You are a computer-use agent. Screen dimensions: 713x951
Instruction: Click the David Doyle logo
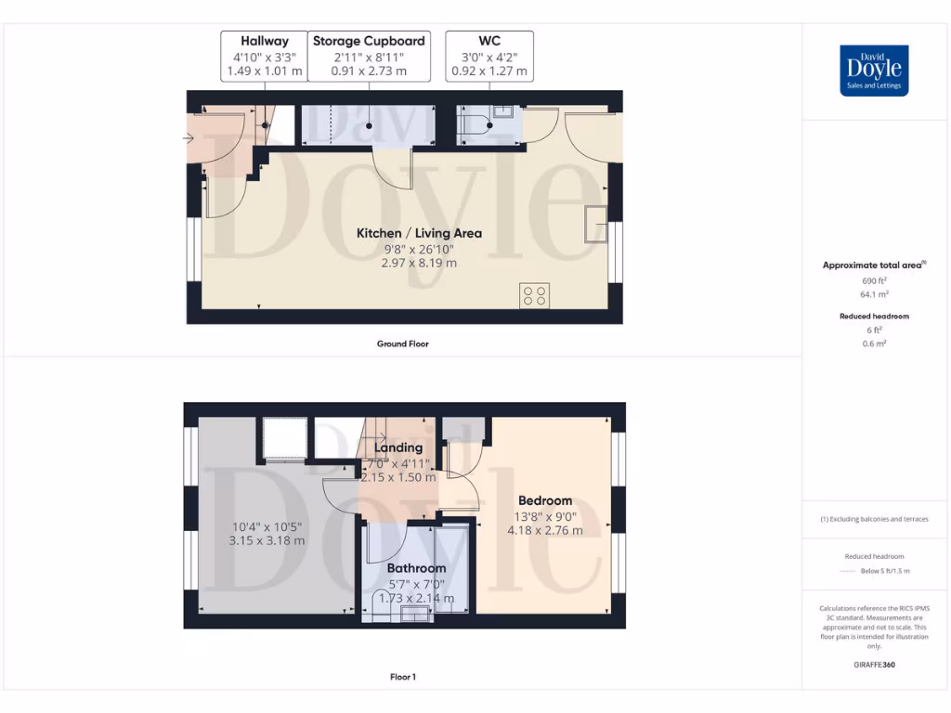click(x=874, y=71)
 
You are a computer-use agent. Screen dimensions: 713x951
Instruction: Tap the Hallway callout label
click(x=265, y=56)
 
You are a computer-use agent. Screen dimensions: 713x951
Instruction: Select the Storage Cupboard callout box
click(x=369, y=56)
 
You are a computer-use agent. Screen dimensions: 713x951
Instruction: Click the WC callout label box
click(x=489, y=56)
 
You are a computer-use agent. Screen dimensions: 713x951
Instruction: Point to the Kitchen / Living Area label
click(x=419, y=233)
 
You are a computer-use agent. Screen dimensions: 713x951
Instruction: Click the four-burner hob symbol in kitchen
click(x=535, y=296)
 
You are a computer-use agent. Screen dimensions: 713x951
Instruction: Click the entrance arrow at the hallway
click(x=189, y=139)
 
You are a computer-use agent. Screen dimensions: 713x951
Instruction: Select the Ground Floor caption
click(x=402, y=344)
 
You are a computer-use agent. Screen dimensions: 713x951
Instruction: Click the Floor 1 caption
click(x=402, y=677)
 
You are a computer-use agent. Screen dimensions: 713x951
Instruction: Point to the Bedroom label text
click(x=545, y=500)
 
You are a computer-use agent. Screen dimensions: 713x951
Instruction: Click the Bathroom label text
click(x=416, y=568)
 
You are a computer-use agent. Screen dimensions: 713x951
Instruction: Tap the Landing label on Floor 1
click(x=397, y=447)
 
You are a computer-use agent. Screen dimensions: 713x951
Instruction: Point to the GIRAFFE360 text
click(x=873, y=665)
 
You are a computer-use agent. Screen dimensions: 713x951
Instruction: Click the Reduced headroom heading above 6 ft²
click(x=874, y=317)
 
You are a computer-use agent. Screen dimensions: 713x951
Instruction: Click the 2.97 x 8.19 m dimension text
click(x=419, y=263)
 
